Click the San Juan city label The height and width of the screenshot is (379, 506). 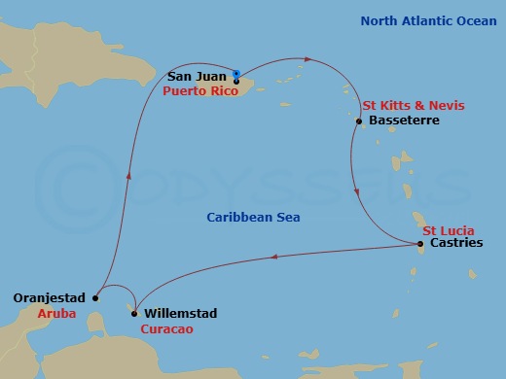point(198,76)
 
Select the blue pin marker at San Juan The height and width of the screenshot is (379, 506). point(236,74)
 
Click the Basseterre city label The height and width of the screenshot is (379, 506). point(405,121)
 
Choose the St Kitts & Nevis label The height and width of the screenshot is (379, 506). point(413,105)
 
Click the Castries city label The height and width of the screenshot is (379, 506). point(455,244)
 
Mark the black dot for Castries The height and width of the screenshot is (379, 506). point(419,244)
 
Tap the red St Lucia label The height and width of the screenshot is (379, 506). point(448,229)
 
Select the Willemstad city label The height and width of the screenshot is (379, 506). point(180,314)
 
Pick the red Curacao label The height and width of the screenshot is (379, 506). point(166,329)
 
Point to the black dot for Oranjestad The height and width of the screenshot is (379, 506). point(95,298)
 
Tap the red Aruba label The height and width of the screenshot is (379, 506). point(55,314)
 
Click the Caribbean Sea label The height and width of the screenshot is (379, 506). point(245,217)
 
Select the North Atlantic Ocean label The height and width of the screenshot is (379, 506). point(420,21)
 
